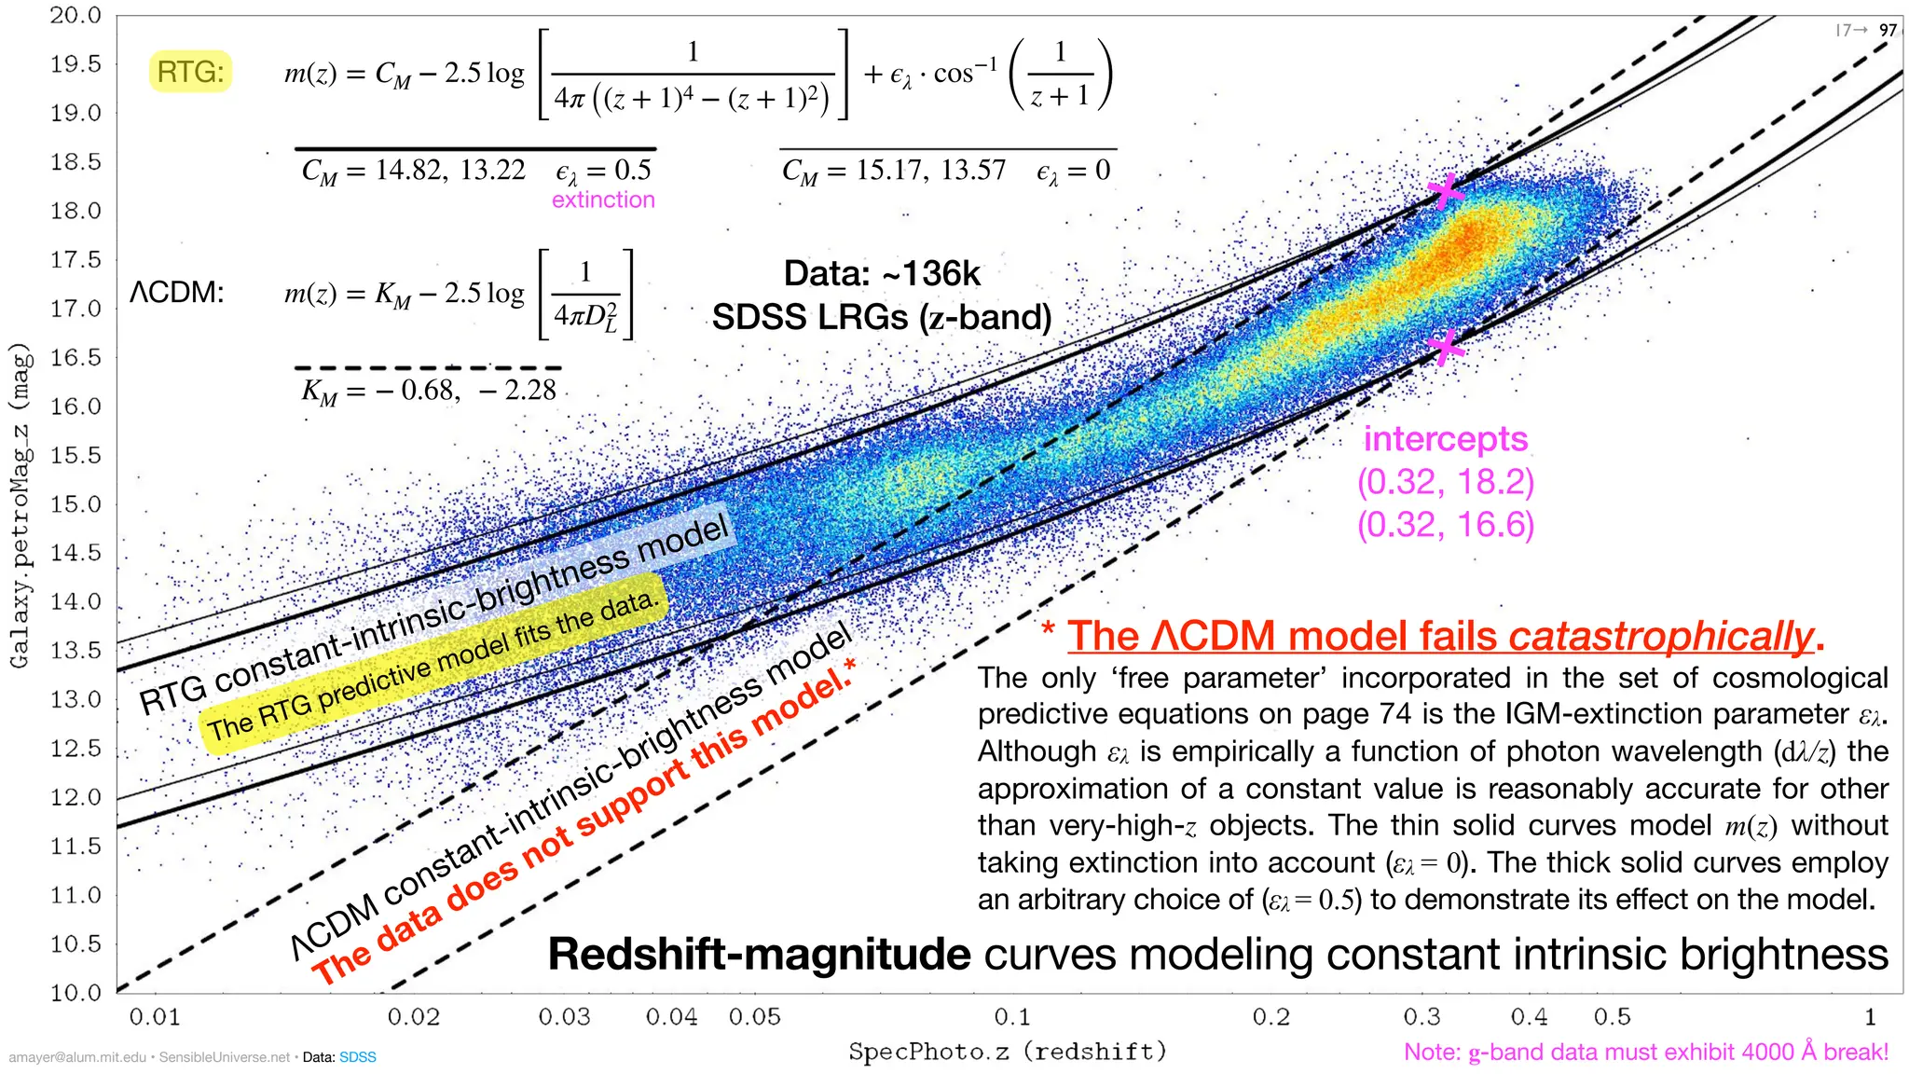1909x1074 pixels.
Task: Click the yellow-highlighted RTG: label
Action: coord(190,72)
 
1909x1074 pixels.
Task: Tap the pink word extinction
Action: coord(603,200)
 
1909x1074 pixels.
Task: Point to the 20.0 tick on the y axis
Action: coord(76,16)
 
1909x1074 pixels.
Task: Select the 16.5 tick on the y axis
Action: coord(76,357)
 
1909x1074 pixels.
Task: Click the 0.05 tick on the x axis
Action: coord(754,1016)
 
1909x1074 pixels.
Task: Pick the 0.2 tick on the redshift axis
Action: coord(1270,1016)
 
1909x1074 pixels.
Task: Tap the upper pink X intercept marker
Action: coord(1446,191)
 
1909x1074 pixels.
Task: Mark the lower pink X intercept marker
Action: coord(1445,348)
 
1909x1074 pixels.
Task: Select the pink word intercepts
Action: coord(1445,439)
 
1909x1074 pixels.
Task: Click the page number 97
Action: coord(1888,30)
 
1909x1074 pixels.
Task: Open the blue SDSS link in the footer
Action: coord(357,1057)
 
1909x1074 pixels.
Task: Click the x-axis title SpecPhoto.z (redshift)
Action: coord(1008,1052)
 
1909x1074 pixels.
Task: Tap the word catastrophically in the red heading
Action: coord(1660,636)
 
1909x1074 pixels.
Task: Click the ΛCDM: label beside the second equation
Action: coord(177,293)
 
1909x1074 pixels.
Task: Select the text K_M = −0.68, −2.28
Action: coord(429,390)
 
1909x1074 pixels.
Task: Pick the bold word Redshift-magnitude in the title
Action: coord(759,955)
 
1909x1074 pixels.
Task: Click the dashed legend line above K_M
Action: coord(429,368)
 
